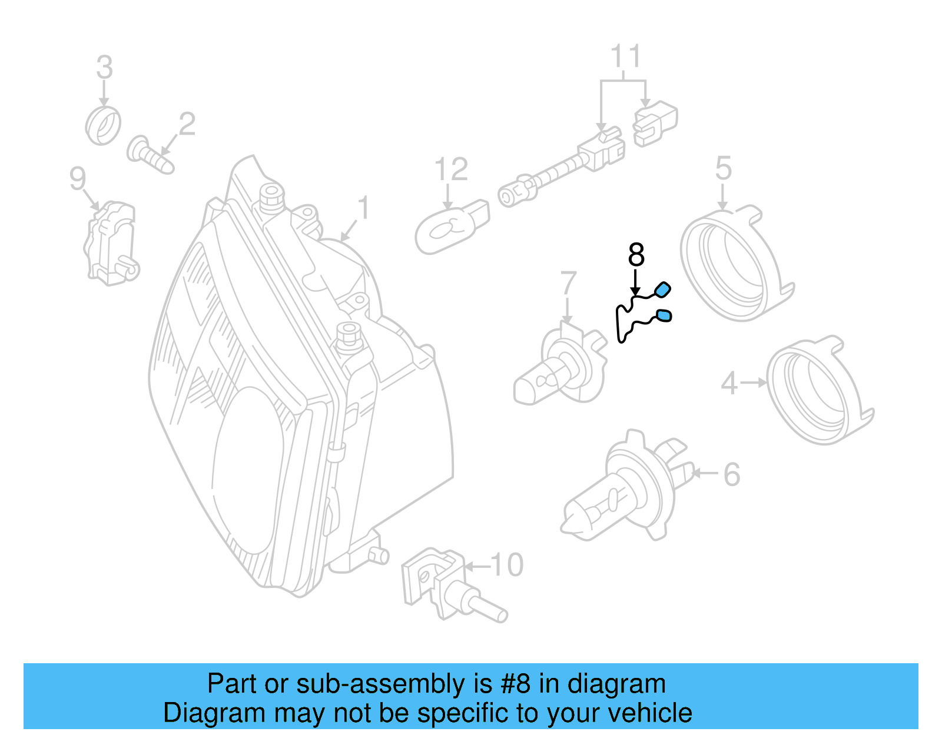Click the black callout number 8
click(x=636, y=255)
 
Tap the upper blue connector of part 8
click(x=663, y=289)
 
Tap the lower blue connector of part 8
click(x=664, y=316)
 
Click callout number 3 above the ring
click(x=104, y=68)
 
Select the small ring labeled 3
click(x=103, y=126)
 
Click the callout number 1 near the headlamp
click(x=364, y=209)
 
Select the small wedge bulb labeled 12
click(x=450, y=227)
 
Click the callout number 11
click(x=625, y=57)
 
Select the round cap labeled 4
click(x=818, y=391)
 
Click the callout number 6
click(x=731, y=474)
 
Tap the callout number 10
click(x=506, y=565)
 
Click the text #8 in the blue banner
click(x=515, y=684)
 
